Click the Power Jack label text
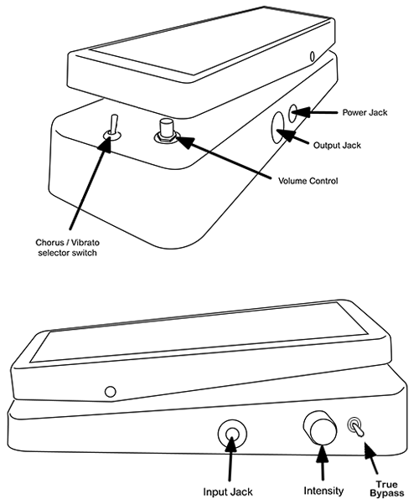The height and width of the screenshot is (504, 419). pyautogui.click(x=365, y=112)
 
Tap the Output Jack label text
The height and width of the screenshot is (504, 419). pyautogui.click(x=337, y=146)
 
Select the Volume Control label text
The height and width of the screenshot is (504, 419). pyautogui.click(x=308, y=181)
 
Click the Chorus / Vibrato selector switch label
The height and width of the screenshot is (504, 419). pyautogui.click(x=67, y=248)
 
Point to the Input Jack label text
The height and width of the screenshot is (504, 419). pyautogui.click(x=228, y=491)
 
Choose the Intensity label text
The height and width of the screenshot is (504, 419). pyautogui.click(x=323, y=491)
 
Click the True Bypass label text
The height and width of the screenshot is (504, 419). pyautogui.click(x=386, y=489)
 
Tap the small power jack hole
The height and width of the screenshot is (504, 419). pyautogui.click(x=293, y=113)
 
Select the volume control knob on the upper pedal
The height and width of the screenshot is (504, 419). pyautogui.click(x=165, y=130)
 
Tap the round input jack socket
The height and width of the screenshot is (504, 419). pyautogui.click(x=232, y=434)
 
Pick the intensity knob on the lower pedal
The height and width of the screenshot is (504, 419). pyautogui.click(x=320, y=427)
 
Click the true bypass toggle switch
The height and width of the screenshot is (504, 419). pyautogui.click(x=355, y=427)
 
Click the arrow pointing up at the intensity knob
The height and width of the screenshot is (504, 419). pyautogui.click(x=322, y=462)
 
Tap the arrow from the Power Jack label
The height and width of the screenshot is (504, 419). pyautogui.click(x=315, y=112)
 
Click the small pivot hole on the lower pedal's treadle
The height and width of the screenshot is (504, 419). pyautogui.click(x=111, y=392)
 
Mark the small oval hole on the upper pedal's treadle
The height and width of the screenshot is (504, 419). pyautogui.click(x=312, y=56)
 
